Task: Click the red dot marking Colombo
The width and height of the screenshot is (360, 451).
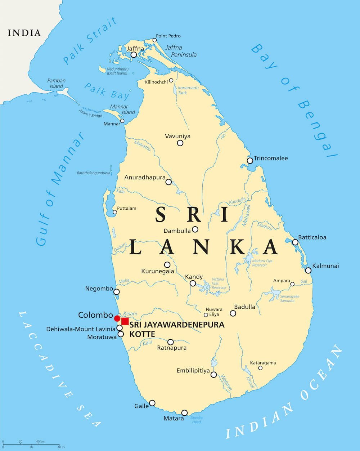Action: pos(117,318)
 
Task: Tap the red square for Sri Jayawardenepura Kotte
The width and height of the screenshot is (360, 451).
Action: pos(125,321)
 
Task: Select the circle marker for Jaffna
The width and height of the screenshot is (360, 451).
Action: pos(134,55)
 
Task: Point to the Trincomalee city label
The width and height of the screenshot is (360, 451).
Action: pos(271,158)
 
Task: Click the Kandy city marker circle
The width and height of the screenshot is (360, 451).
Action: pos(193,283)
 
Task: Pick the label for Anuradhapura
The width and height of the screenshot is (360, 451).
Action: pos(145,178)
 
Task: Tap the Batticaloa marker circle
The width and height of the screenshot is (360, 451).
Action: pos(295,242)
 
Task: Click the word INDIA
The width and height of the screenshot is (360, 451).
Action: pos(24,33)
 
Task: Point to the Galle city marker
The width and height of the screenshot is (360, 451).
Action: pos(152,403)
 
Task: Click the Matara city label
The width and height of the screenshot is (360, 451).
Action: pos(174,418)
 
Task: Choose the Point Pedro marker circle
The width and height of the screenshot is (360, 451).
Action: pos(155,40)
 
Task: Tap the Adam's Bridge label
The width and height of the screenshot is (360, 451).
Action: pos(90,113)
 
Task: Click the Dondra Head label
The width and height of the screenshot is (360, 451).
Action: pos(197,420)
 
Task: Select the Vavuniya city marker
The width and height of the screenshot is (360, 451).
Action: pos(180,143)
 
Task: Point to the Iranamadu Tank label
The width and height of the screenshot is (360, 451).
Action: pos(183,90)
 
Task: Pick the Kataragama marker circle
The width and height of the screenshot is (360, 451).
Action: pos(260,368)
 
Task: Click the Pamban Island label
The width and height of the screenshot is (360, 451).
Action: pos(57,83)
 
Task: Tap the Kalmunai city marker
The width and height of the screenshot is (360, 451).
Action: pos(308,270)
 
